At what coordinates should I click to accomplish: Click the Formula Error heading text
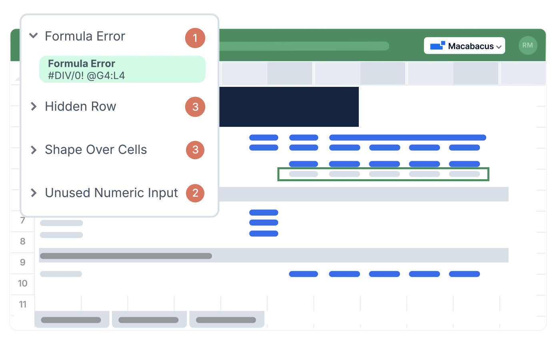tap(85, 36)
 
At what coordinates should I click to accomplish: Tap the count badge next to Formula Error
tap(195, 38)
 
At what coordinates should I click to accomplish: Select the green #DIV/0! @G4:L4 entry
tap(122, 69)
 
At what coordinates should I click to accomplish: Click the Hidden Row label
tap(80, 106)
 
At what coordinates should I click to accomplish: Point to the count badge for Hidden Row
tap(195, 107)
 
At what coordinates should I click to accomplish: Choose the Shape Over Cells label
tap(96, 150)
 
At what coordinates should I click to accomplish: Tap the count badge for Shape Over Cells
tap(195, 150)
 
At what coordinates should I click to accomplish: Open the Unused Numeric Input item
tap(111, 193)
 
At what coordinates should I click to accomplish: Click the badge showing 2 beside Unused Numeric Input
tap(195, 193)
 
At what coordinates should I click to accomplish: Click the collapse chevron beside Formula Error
tap(34, 36)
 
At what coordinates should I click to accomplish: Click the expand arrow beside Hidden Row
tap(34, 106)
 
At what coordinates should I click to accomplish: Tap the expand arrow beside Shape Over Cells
tap(34, 150)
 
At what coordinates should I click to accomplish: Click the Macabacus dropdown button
tap(464, 46)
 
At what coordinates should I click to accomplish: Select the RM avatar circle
tap(528, 46)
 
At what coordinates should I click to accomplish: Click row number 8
tap(23, 241)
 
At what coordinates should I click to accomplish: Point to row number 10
tap(23, 283)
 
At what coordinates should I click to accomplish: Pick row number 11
tap(23, 304)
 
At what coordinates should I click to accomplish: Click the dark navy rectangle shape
tap(289, 107)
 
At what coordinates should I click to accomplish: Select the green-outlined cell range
tap(383, 174)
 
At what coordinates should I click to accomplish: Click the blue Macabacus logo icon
tap(437, 46)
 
